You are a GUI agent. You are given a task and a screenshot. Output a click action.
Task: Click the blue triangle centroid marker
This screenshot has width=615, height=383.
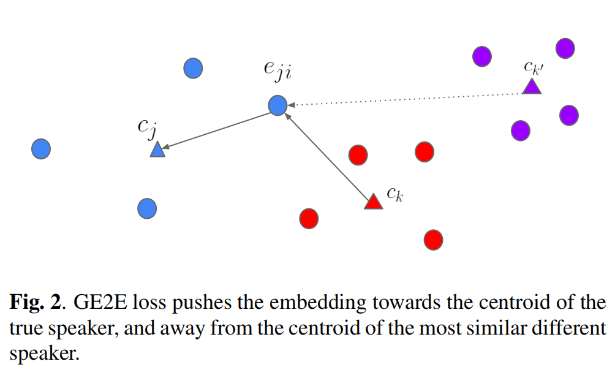(x=158, y=149)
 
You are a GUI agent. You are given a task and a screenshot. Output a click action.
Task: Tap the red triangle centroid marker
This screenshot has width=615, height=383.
(x=373, y=202)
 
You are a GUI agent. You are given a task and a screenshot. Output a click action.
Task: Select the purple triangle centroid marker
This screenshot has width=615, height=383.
(x=532, y=86)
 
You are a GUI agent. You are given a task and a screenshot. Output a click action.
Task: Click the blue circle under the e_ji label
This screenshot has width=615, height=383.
(x=277, y=105)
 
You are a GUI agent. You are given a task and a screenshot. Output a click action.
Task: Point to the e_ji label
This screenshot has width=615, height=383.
(x=277, y=72)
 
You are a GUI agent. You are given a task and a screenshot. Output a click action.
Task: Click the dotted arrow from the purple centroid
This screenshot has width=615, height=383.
(x=404, y=99)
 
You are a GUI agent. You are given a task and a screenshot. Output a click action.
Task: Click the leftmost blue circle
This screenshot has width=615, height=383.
(x=40, y=148)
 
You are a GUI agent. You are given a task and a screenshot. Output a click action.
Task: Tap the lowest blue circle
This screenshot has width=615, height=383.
(x=147, y=208)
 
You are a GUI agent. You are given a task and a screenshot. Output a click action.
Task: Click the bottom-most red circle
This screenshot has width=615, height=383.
(x=433, y=240)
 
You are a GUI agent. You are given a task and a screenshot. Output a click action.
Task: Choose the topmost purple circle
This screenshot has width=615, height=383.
(x=565, y=48)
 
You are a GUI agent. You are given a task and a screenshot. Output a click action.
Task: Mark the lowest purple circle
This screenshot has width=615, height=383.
(x=521, y=130)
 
